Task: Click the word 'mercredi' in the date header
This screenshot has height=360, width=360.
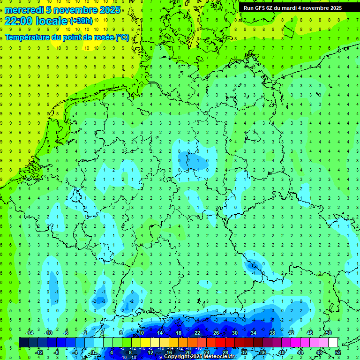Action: pyautogui.click(x=23, y=10)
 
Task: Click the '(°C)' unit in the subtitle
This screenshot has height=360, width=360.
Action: pyautogui.click(x=122, y=37)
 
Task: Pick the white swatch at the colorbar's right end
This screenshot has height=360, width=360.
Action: pyautogui.click(x=333, y=342)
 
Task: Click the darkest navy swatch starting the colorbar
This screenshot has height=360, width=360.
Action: pyautogui.click(x=23, y=342)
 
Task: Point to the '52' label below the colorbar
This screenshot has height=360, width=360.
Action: pyautogui.click(x=338, y=352)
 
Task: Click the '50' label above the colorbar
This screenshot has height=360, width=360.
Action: pyautogui.click(x=328, y=333)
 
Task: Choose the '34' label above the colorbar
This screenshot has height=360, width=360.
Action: pyautogui.click(x=253, y=333)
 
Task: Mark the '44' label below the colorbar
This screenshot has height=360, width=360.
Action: pyautogui.click(x=300, y=352)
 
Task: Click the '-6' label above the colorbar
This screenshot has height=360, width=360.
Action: pyautogui.click(x=66, y=333)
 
